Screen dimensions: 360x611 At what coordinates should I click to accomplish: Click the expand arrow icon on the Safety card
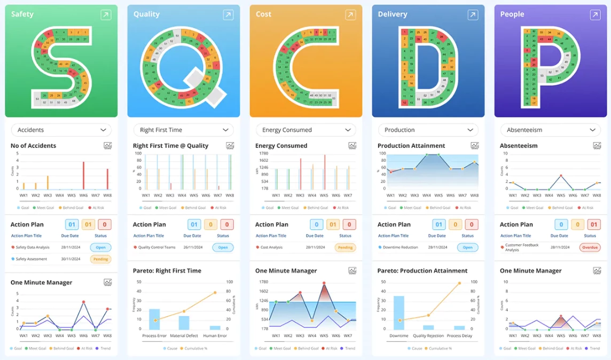[106, 15]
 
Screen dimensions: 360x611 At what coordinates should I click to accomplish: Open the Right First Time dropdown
[183, 130]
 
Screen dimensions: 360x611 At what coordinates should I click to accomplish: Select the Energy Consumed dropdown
[305, 130]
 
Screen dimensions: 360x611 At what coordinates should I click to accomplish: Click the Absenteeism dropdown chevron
[592, 130]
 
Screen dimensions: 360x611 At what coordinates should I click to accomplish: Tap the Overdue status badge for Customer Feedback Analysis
[590, 247]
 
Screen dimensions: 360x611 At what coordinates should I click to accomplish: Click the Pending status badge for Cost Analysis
[345, 247]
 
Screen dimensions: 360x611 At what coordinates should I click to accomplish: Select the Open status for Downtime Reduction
[467, 247]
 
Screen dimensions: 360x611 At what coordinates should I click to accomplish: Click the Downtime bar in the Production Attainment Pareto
[399, 312]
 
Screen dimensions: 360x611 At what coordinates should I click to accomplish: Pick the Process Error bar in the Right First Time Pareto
[154, 319]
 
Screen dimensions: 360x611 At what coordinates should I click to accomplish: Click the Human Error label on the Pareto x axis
[215, 336]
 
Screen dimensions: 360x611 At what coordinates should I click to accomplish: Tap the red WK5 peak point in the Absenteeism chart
[561, 175]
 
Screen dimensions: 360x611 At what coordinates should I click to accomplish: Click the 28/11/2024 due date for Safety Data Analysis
[70, 247]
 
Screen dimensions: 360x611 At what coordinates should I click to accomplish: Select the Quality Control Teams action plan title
[157, 247]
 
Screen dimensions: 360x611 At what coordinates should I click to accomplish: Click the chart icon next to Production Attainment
[475, 146]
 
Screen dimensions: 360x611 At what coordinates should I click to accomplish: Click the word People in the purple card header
[512, 14]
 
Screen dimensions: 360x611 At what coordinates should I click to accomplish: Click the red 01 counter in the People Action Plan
[593, 225]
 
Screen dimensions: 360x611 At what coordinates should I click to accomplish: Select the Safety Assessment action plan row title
[32, 259]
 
